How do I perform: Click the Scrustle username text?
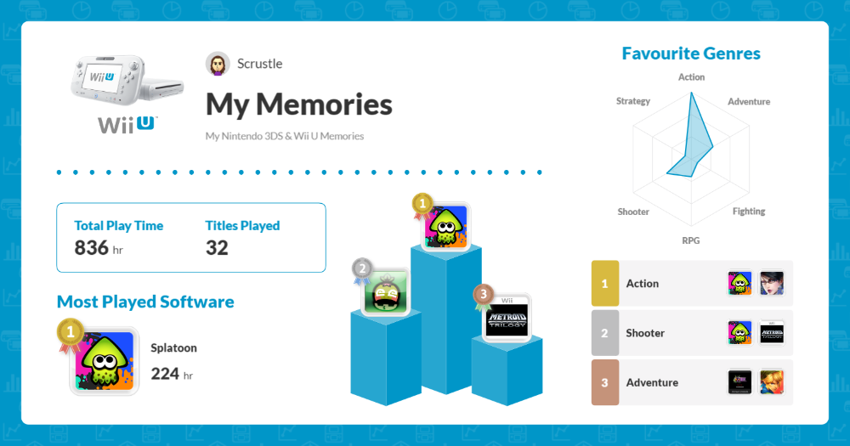point(260,64)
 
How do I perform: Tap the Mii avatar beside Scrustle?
point(218,64)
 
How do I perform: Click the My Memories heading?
point(298,104)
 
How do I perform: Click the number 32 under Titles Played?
point(217,248)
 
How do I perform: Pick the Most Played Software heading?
point(145,302)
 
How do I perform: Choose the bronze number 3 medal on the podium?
point(484,295)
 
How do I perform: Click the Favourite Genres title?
point(691,54)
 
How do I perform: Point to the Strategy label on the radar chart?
point(633,101)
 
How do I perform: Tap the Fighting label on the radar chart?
point(749,211)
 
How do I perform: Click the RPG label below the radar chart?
point(691,240)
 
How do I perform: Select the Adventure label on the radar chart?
point(749,101)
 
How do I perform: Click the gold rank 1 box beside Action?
point(604,284)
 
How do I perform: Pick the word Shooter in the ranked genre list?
point(645,333)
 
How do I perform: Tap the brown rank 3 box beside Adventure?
point(604,382)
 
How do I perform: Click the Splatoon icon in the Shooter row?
point(740,333)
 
